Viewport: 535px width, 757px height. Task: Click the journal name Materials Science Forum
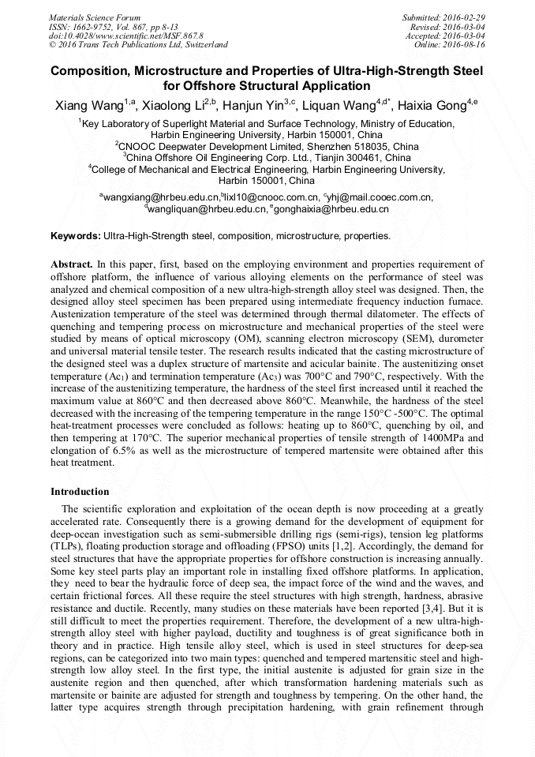pos(95,17)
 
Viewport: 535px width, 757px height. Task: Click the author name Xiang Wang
pos(87,105)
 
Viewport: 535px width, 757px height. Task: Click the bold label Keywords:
pos(76,236)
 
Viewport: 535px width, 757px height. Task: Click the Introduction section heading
pos(80,492)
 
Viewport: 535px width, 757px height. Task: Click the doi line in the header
pos(125,36)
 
